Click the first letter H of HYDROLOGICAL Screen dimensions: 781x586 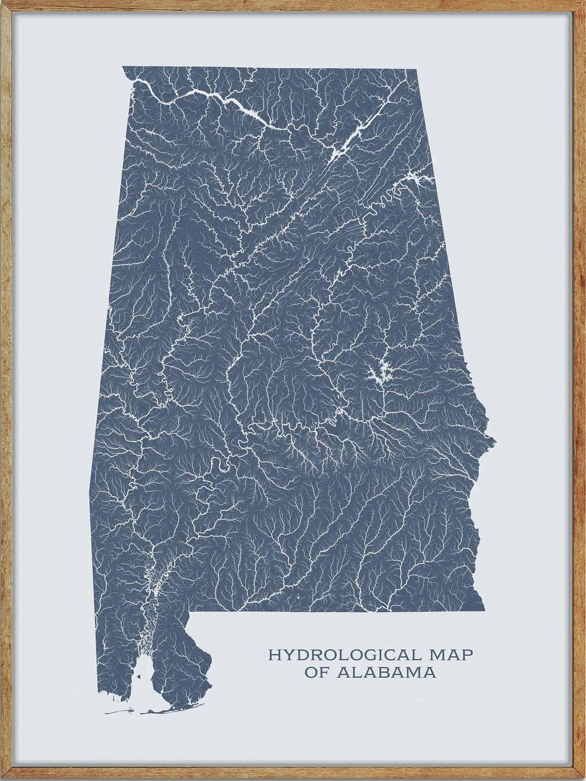click(x=273, y=655)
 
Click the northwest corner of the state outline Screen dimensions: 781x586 click(x=122, y=67)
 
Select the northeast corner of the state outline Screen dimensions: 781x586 click(x=415, y=69)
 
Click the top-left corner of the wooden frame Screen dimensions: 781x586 click(x=2, y=2)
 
